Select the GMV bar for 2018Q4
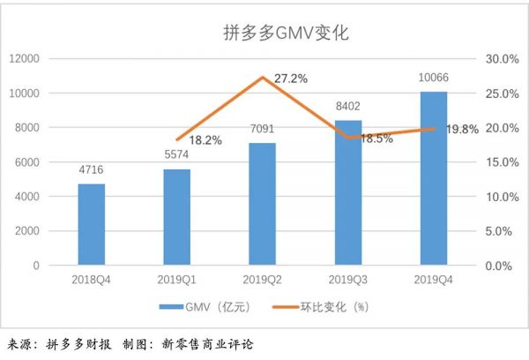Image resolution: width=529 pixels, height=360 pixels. click(x=92, y=224)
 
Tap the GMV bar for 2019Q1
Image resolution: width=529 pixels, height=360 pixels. click(x=176, y=216)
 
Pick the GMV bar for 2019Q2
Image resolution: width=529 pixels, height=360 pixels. click(x=262, y=204)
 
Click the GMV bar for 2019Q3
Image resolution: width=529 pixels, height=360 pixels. click(x=347, y=192)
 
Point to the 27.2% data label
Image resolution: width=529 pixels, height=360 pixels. click(x=291, y=79)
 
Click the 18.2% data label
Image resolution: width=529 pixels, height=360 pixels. click(x=205, y=139)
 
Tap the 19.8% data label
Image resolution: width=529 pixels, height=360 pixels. click(x=462, y=129)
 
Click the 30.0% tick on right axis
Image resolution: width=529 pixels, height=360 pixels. click(x=500, y=58)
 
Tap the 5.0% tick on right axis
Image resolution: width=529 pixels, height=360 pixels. click(x=503, y=230)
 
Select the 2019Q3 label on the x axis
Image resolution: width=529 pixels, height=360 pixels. click(x=347, y=280)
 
